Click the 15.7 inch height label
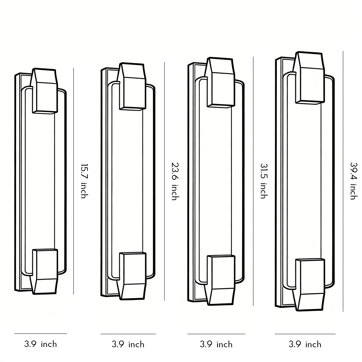coord(83,181)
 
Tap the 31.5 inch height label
coord(263,181)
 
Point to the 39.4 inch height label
coord(353,181)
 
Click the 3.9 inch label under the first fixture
coord(41,344)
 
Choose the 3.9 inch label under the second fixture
coord(128,345)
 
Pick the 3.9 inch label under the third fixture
coord(216,345)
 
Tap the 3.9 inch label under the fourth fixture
coord(305,345)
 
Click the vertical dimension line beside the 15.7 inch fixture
coord(73,134)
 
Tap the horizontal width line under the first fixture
coord(41,334)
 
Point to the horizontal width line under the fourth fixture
coord(305,334)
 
